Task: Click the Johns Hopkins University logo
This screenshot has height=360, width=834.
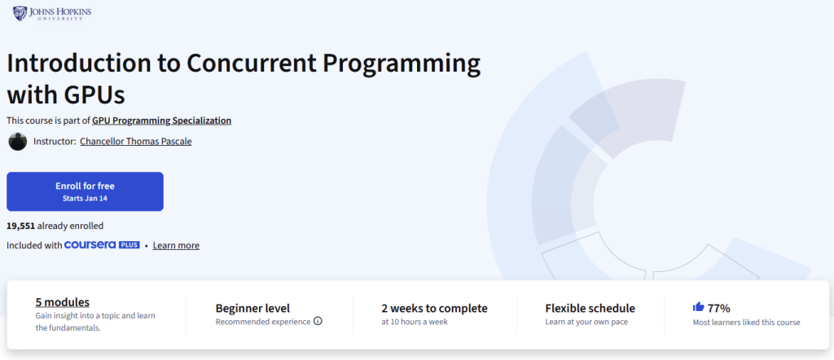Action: click(52, 13)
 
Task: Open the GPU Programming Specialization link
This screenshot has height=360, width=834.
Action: click(162, 121)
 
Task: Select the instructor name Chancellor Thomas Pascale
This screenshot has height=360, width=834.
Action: click(136, 142)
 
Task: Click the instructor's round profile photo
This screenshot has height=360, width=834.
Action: click(18, 142)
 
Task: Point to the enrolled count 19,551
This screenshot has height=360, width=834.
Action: click(20, 226)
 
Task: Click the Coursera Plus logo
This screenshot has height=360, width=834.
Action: click(102, 245)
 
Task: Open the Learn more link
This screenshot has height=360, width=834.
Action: click(176, 246)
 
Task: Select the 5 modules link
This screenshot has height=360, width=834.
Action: click(62, 302)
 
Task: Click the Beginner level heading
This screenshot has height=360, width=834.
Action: click(252, 309)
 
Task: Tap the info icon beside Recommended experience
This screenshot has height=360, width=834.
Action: click(318, 321)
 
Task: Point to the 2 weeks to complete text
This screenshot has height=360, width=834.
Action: click(435, 309)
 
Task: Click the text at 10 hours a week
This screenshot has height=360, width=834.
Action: click(415, 322)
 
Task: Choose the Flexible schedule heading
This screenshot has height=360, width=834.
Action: click(590, 309)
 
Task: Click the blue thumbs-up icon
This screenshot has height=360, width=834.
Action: click(698, 307)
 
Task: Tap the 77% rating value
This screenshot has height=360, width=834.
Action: click(718, 308)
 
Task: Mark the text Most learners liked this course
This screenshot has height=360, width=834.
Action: click(746, 323)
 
